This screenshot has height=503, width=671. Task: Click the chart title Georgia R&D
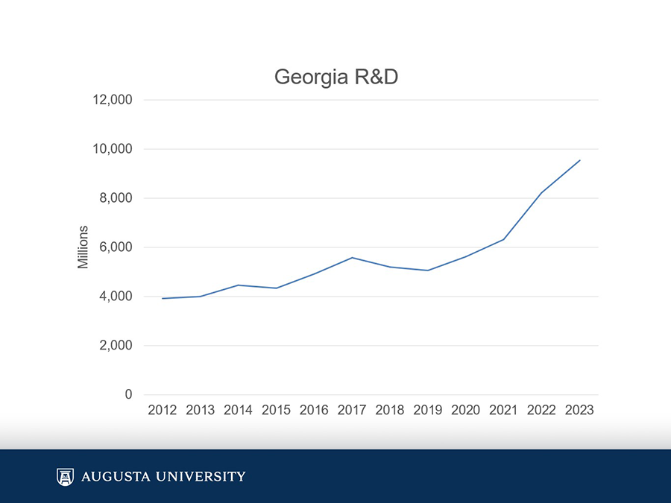coord(335,77)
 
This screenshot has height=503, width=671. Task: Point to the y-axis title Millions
coord(84,247)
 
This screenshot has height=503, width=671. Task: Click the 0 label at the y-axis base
coord(128,395)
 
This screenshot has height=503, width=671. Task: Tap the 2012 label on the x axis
coord(163,410)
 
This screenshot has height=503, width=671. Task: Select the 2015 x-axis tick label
coord(277,410)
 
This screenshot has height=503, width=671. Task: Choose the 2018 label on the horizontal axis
coord(390,410)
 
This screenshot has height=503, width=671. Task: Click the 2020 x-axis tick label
coord(466,410)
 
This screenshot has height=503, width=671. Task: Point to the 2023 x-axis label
coord(579,410)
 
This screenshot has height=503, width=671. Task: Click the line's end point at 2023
coord(579,160)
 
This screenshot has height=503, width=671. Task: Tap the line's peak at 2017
coord(352,258)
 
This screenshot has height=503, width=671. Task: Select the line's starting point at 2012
coord(163,298)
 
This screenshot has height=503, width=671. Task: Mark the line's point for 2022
coord(541,193)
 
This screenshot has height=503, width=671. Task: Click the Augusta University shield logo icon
coord(65,476)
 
